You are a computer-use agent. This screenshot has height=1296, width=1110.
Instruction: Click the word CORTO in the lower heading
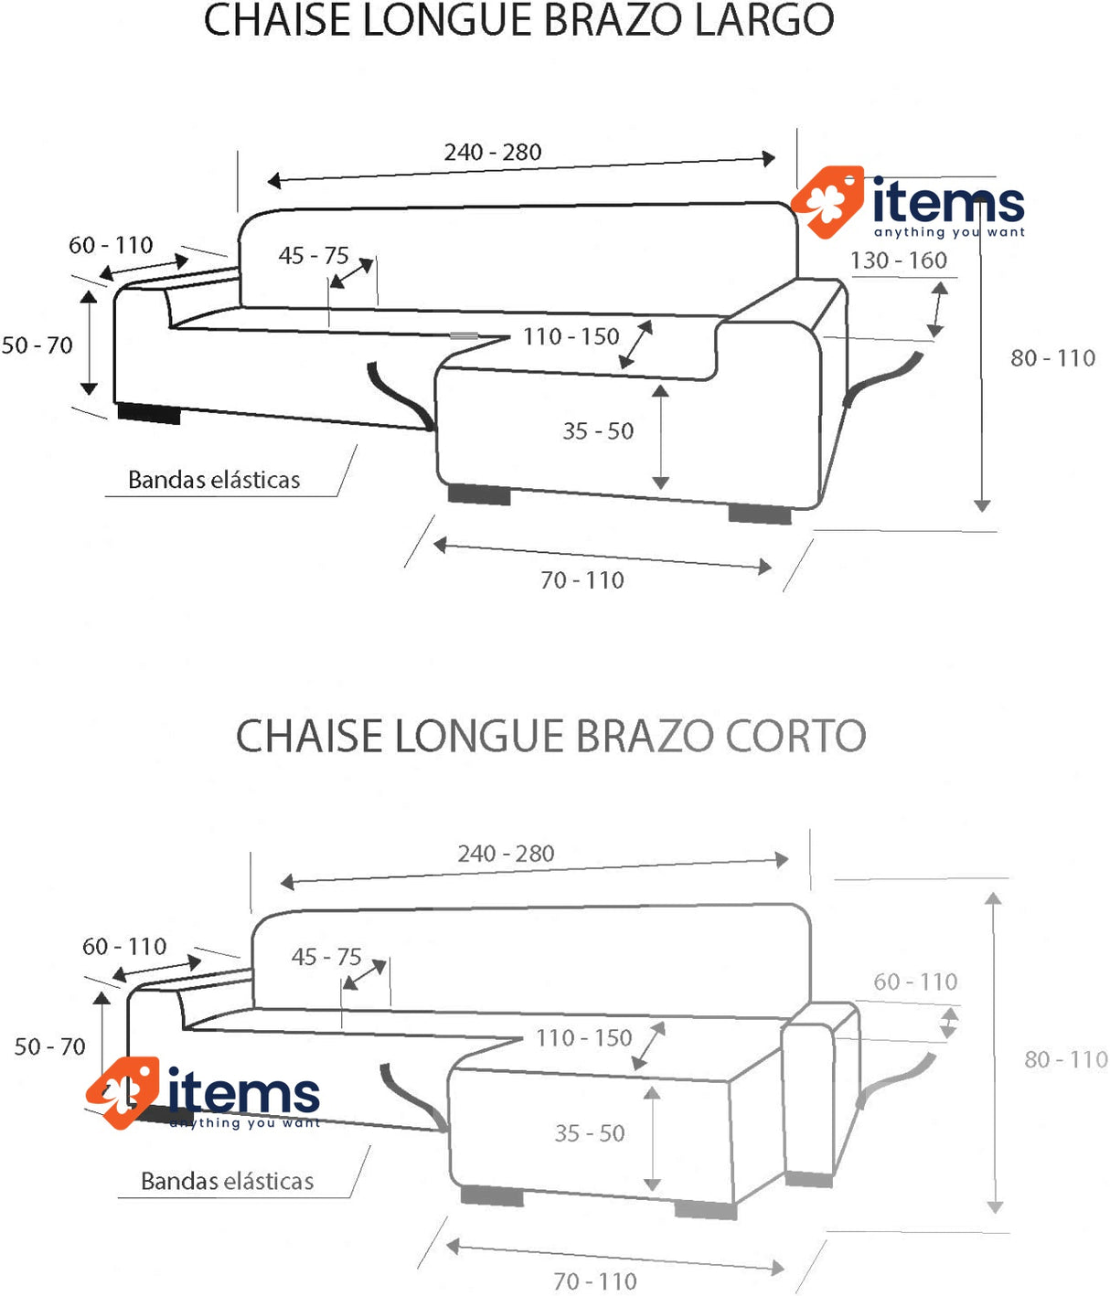(x=795, y=736)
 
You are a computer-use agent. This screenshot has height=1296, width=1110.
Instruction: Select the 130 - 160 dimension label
(x=898, y=260)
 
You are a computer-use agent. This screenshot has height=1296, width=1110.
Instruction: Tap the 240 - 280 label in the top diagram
(x=492, y=152)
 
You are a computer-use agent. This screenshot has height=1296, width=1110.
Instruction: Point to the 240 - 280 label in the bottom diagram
(x=506, y=854)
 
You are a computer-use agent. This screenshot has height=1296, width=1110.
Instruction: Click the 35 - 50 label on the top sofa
(x=598, y=430)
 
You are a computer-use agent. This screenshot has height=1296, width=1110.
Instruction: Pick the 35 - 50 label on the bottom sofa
(x=590, y=1133)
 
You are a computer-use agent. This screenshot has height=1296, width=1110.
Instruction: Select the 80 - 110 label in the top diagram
(x=1052, y=358)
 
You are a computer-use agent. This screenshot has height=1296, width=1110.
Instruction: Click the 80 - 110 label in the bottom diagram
(x=1065, y=1059)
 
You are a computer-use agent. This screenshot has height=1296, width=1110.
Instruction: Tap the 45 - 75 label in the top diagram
(x=313, y=255)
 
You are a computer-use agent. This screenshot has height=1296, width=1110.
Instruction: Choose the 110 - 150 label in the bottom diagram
(x=583, y=1037)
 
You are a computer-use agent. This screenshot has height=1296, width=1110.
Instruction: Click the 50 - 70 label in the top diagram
(x=37, y=345)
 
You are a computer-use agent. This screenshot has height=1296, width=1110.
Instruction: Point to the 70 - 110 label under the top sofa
(x=582, y=580)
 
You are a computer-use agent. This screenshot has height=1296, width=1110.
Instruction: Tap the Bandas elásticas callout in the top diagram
(x=214, y=480)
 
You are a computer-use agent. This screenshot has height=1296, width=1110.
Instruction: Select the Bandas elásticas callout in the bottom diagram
(x=227, y=1181)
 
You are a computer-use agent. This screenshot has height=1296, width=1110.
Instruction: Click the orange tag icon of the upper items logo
(x=827, y=202)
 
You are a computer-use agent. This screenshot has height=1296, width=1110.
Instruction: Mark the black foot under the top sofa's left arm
(x=149, y=414)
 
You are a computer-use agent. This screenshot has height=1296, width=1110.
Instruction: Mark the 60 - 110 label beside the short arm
(x=915, y=982)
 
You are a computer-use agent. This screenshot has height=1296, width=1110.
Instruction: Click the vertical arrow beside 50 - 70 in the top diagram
(x=89, y=343)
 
